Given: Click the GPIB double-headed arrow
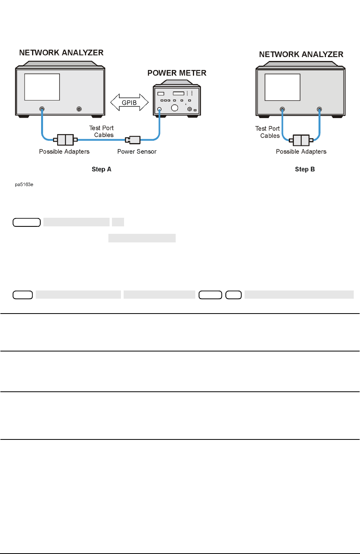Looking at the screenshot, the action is point(130,103).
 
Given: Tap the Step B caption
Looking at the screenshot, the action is point(305,169).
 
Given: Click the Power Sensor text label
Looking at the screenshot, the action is point(137,152).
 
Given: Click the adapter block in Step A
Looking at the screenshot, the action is point(65,139).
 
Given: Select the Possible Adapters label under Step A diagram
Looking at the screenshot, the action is point(64,152).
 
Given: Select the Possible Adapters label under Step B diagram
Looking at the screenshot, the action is point(301,152).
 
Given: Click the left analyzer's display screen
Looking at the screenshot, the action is point(42,87).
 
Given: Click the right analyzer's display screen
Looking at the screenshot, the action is point(282,88).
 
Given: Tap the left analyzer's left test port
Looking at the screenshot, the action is point(42,109).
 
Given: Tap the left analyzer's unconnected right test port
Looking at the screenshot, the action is point(79,109).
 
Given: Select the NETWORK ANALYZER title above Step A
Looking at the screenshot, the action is point(61,52).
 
